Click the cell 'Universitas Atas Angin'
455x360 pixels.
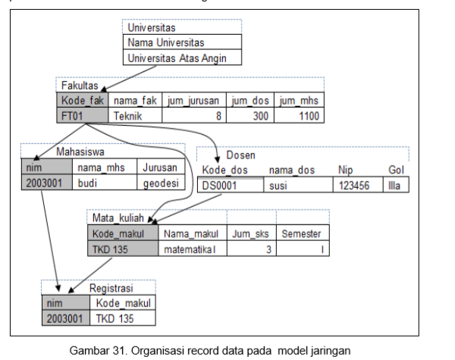[x=183, y=58]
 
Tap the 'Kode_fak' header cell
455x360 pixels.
[x=82, y=100]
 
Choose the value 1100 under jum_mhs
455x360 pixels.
[x=299, y=115]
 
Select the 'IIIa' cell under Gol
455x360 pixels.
[x=394, y=184]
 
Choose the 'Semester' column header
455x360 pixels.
[x=301, y=234]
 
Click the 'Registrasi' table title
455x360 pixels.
[x=111, y=288]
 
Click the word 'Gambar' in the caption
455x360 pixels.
[x=89, y=349]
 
